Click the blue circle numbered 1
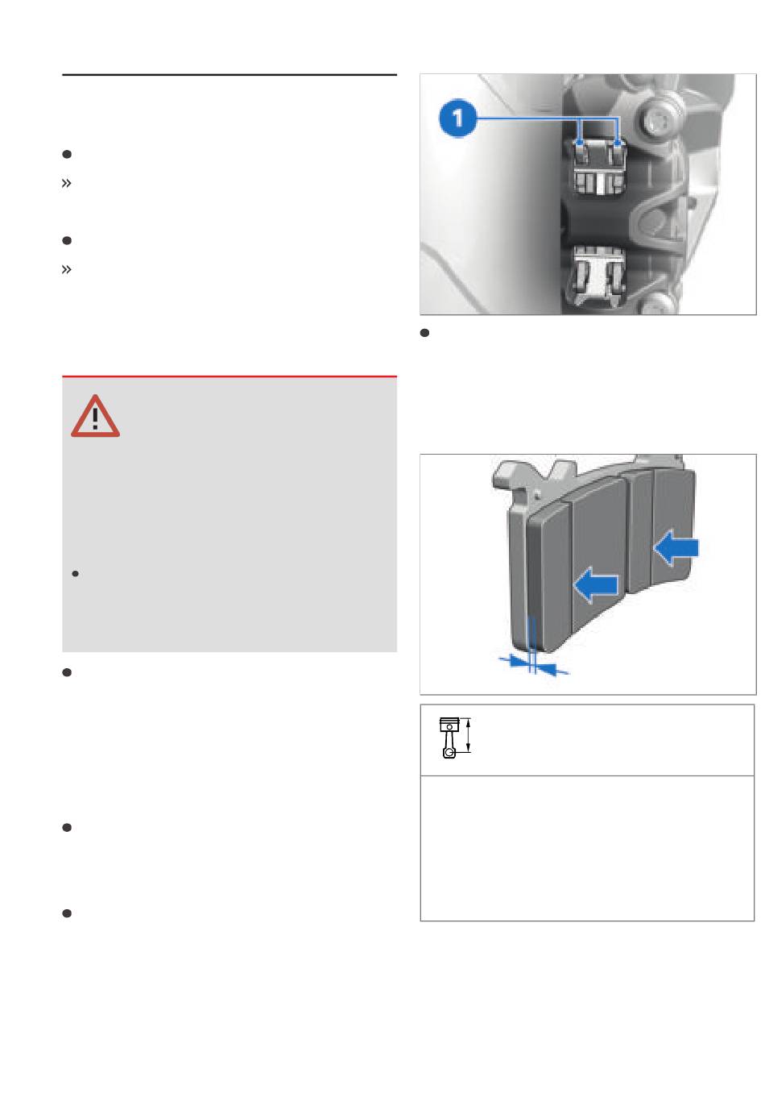point(457,118)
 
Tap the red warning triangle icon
point(95,417)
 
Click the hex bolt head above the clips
point(655,119)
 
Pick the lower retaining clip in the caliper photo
point(598,276)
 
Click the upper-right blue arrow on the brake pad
point(676,547)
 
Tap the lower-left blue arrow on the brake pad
point(596,584)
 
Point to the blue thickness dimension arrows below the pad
point(534,664)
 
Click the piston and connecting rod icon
point(449,738)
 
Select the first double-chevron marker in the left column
point(67,184)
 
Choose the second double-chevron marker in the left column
point(67,269)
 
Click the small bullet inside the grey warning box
point(76,574)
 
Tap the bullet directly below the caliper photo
point(424,333)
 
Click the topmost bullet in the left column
point(67,154)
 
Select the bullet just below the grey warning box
point(67,672)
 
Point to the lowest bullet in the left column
point(67,913)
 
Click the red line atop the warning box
point(229,376)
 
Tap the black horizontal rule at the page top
point(229,75)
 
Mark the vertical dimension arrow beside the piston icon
point(468,735)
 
